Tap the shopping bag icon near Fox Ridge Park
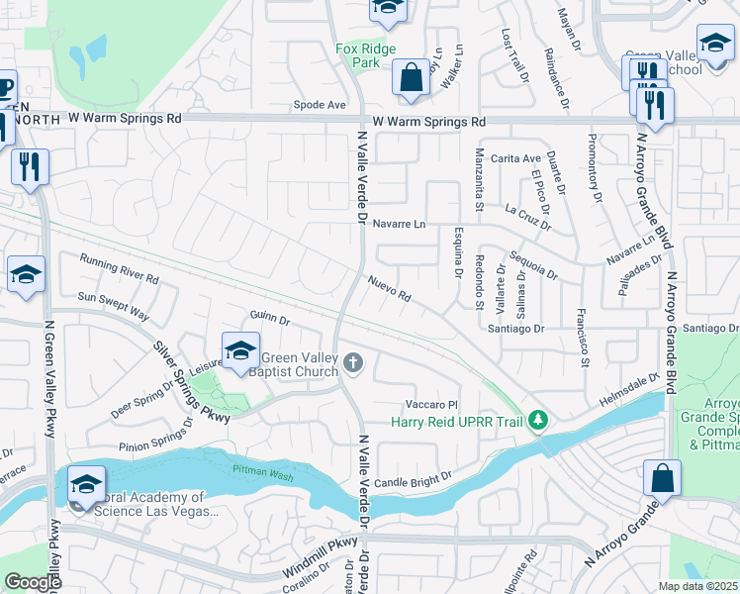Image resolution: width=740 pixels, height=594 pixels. (411, 77)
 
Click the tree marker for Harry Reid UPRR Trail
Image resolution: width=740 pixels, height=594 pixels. (538, 421)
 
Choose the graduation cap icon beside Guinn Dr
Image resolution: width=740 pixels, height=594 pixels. (240, 351)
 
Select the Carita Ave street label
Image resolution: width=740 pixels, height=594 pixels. (515, 158)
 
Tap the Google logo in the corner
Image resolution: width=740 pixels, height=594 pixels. (33, 583)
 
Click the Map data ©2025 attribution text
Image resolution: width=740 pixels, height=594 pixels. (696, 586)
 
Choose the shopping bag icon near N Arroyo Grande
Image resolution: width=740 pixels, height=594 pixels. (662, 478)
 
